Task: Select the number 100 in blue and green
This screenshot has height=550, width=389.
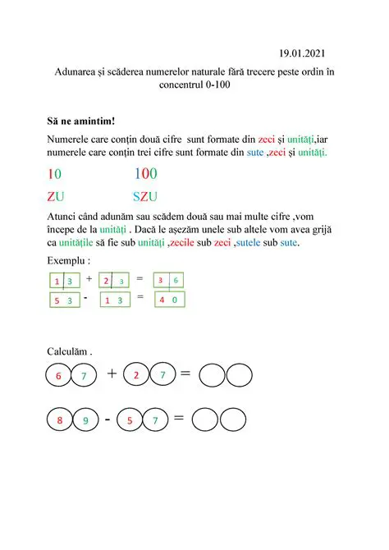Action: [x=145, y=173]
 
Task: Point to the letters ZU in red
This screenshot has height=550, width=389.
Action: [x=56, y=197]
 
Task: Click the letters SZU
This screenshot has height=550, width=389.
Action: [x=146, y=197]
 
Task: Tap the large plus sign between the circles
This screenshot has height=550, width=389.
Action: [x=111, y=374]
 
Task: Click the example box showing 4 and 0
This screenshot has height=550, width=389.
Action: [x=169, y=300]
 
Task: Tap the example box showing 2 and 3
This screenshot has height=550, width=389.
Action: [x=114, y=280]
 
